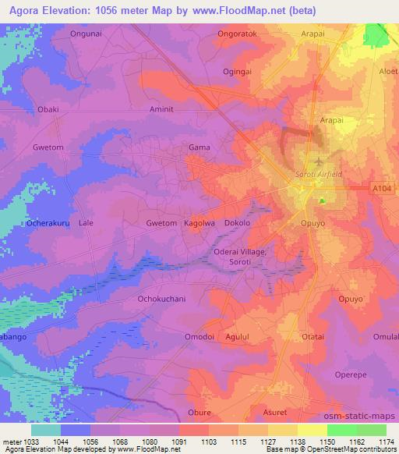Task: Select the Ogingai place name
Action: coord(238,72)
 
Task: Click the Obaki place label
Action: coord(48,110)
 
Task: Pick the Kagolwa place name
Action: coord(199,223)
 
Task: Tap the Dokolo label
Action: coord(237,223)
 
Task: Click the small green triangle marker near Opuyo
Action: coord(322,201)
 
